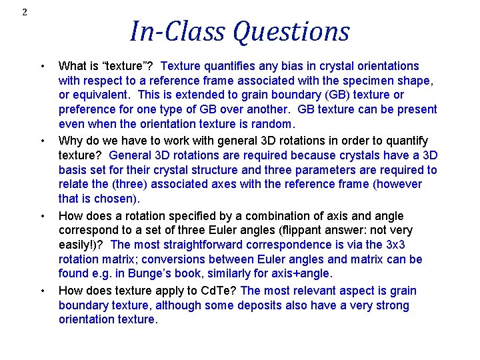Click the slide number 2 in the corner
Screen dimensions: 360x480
(x=25, y=12)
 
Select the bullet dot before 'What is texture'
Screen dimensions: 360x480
(x=43, y=66)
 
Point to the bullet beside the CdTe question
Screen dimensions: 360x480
(x=43, y=291)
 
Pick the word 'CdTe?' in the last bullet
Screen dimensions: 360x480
(x=219, y=291)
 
